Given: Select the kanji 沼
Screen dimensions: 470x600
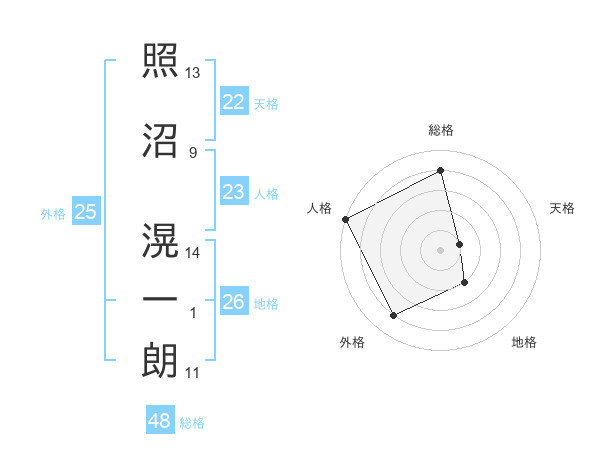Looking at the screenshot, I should (160, 142).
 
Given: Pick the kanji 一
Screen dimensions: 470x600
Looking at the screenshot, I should (160, 301).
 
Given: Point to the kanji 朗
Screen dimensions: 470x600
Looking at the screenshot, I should (160, 360).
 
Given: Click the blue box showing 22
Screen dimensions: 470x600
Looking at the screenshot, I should (233, 101).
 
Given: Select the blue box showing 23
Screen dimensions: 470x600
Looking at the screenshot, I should (233, 192).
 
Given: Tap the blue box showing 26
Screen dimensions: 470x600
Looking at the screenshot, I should (233, 301).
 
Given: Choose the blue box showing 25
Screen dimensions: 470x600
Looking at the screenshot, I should (85, 211).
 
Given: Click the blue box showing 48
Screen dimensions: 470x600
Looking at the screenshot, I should (160, 421).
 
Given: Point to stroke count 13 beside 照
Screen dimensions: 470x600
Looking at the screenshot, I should (193, 74).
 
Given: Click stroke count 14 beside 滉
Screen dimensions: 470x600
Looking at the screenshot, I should (193, 253).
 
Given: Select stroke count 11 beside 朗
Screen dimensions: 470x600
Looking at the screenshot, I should (192, 373).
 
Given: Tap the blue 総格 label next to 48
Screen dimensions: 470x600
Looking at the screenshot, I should (192, 423).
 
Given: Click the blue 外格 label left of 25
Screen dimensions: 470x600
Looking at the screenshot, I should (53, 213).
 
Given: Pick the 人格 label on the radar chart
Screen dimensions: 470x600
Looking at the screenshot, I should (319, 207).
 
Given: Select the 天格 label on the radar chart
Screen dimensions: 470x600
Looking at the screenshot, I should (563, 208).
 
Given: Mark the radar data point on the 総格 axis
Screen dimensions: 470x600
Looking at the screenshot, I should (441, 171).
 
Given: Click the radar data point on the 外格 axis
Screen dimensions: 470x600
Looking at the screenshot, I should (393, 316).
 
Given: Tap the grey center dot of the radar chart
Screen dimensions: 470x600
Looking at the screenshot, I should (441, 249).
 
